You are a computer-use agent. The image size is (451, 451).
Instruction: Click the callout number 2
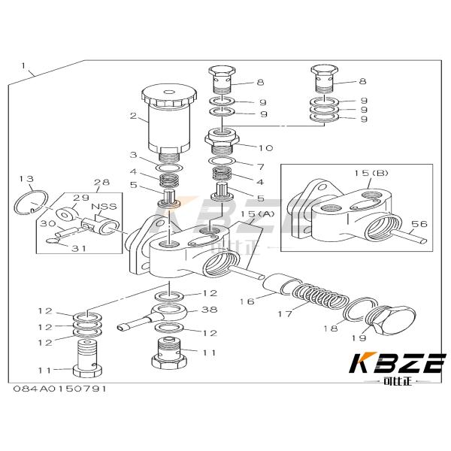[x=132, y=117]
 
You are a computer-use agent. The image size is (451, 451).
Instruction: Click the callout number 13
[x=26, y=178]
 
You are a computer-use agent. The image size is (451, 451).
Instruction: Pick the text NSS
[x=101, y=206]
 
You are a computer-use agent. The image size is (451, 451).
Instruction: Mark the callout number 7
[x=260, y=166]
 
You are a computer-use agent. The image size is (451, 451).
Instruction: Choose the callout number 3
[x=132, y=155]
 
